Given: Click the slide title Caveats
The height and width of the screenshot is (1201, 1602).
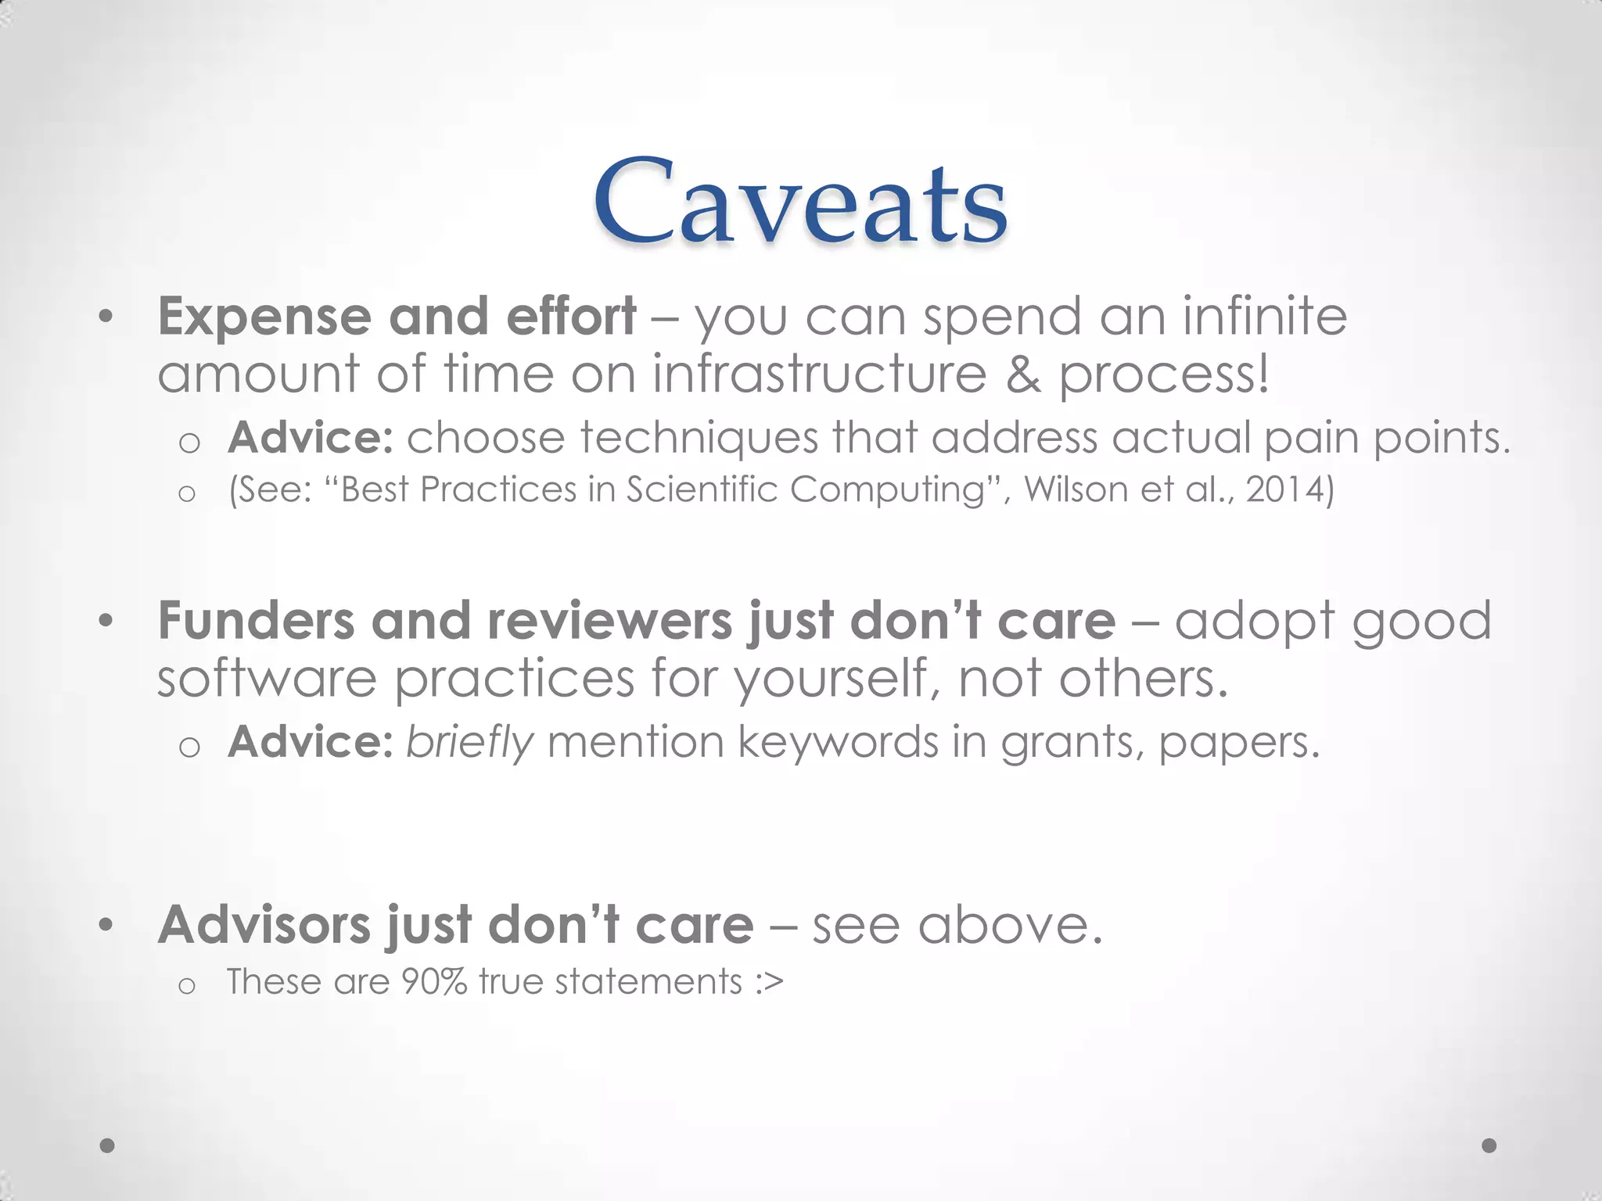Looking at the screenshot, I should point(800,203).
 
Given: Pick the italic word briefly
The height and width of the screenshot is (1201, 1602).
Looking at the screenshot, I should point(469,742).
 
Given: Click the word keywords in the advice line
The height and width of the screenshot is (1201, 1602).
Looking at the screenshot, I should point(837,742).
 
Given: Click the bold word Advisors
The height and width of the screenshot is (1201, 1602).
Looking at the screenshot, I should point(264,925).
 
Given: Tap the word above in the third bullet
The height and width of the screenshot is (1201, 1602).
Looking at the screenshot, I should point(1009,925).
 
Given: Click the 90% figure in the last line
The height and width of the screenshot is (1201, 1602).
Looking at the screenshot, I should point(434,982).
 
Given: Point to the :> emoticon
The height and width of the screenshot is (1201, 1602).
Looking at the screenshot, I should point(770,982).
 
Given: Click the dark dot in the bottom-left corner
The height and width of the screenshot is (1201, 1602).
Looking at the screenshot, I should point(108,1145).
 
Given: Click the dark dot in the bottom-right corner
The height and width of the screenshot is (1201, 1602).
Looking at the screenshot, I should point(1489,1145).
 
